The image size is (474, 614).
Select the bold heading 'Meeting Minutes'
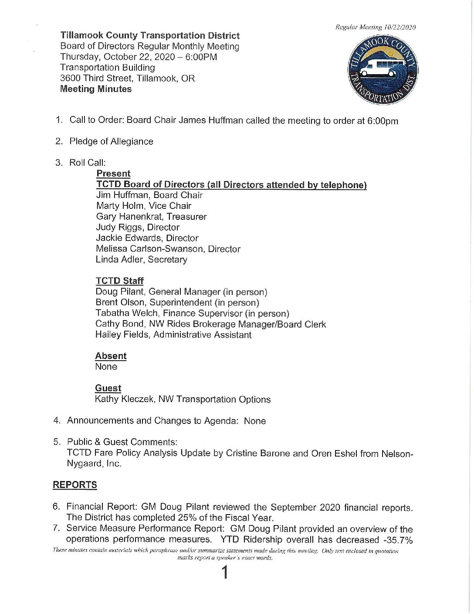(x=96, y=89)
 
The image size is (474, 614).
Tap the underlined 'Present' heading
(x=113, y=174)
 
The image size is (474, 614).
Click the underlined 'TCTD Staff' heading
(x=119, y=281)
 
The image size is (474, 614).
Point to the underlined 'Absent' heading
(x=111, y=356)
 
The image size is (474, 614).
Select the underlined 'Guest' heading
(x=108, y=388)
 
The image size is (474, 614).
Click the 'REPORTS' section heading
(x=75, y=485)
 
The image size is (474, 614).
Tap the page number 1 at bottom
(x=225, y=572)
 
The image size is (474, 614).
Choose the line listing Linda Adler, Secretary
(x=142, y=259)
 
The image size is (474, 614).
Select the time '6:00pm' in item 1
(x=383, y=121)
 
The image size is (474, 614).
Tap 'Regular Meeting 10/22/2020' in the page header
(x=375, y=27)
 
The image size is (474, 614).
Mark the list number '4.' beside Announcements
(x=57, y=420)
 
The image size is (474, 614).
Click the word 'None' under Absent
(x=106, y=367)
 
